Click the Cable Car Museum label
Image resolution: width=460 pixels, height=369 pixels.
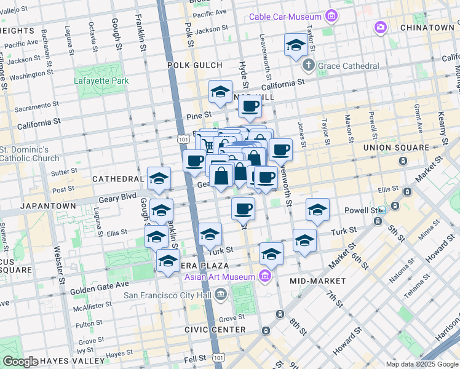pos(285,17)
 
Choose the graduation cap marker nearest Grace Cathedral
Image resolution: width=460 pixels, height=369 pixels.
pos(296,46)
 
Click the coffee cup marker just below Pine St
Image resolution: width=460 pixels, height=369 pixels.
pos(250,106)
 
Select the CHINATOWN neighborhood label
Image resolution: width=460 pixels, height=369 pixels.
pos(427,28)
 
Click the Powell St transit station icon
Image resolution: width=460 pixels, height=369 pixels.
pos(382,210)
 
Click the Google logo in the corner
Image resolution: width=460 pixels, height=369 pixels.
pos(21,362)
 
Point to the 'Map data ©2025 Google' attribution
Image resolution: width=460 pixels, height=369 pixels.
pos(421,364)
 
